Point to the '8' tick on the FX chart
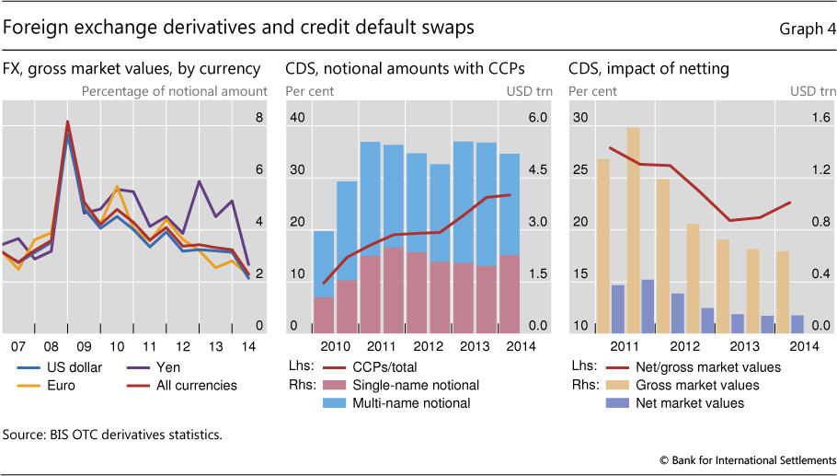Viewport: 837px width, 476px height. pos(258,118)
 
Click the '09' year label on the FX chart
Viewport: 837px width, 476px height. pos(85,346)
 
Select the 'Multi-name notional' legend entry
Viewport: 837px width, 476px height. pos(411,402)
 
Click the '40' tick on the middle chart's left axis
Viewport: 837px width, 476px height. pos(296,118)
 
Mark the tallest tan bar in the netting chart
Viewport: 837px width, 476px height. pos(633,230)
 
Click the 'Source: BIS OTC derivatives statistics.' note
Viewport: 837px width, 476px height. pos(112,433)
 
